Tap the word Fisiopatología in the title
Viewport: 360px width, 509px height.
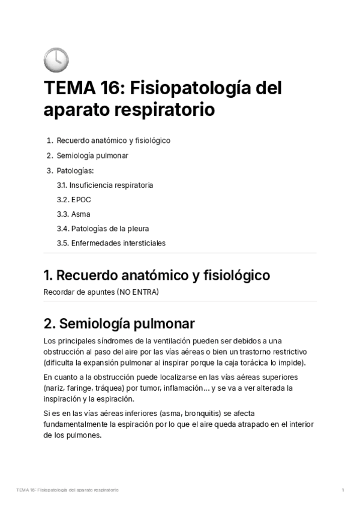pos(191,88)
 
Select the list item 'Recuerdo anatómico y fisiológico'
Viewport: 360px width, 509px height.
pos(113,140)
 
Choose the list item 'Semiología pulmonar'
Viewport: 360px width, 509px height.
pos(92,155)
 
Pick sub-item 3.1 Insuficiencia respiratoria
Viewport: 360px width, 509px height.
pos(105,185)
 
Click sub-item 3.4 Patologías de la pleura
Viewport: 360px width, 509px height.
pos(103,229)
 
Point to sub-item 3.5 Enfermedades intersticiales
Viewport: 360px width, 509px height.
pos(111,243)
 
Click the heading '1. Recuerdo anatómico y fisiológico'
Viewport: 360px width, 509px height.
pos(157,276)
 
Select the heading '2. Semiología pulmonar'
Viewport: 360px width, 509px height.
pos(119,324)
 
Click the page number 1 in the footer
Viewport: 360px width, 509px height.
pos(342,490)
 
